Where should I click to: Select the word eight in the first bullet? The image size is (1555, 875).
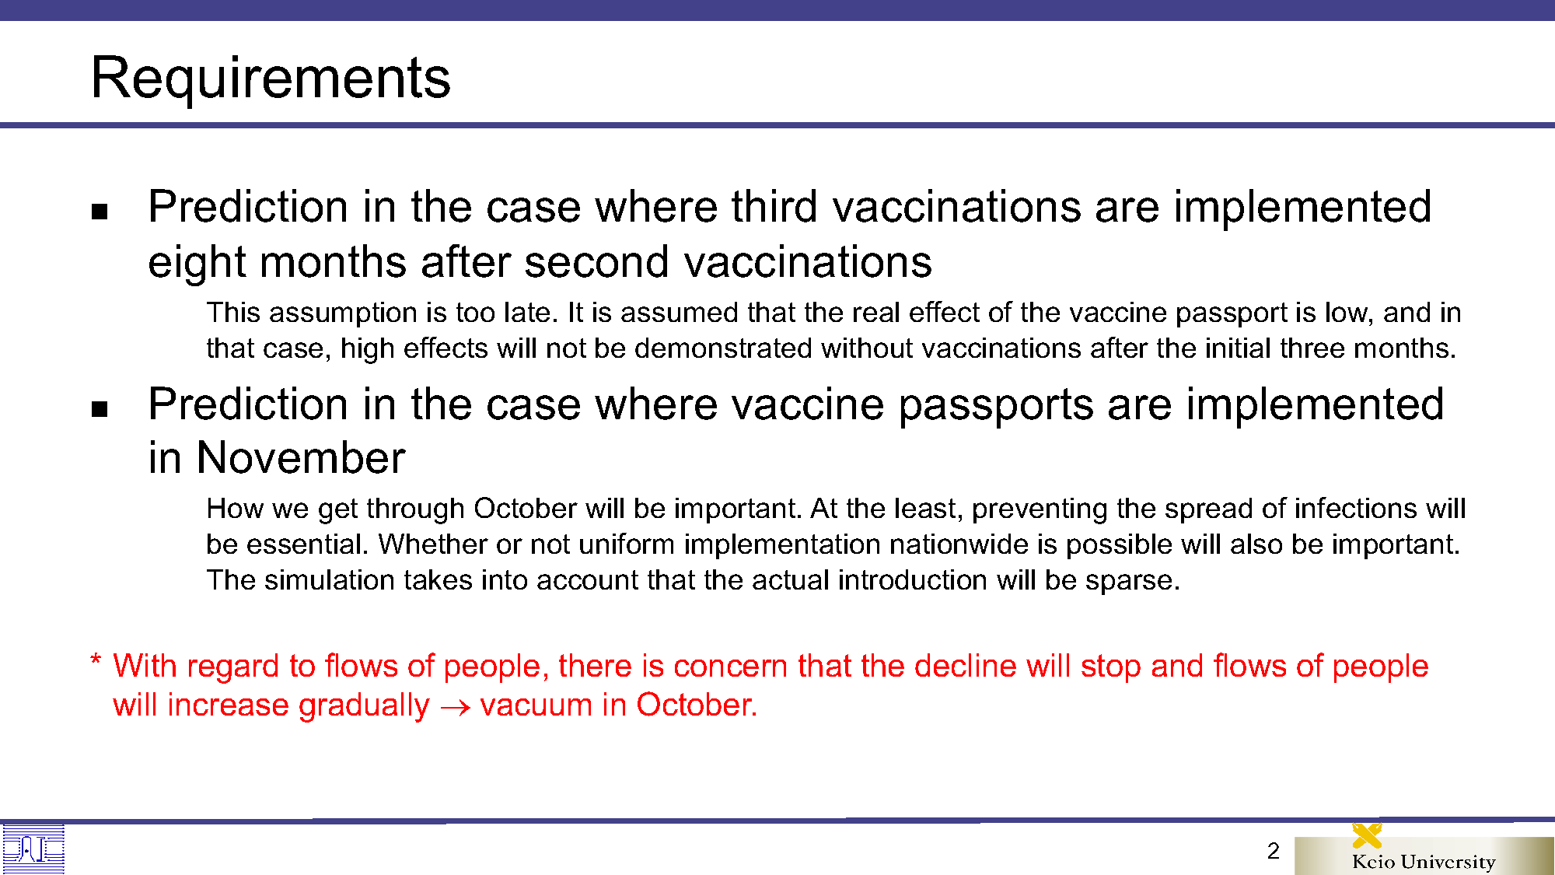tap(197, 263)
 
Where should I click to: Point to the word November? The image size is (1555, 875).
tap(301, 457)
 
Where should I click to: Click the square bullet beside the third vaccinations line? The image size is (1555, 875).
tap(100, 212)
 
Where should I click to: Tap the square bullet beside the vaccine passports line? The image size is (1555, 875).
tap(100, 409)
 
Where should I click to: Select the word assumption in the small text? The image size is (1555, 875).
tap(358, 313)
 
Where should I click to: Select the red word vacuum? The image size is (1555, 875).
tap(536, 705)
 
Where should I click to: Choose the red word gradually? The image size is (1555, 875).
tap(364, 706)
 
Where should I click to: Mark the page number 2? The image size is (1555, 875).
tap(1273, 851)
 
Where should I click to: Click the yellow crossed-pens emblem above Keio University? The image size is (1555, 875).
tap(1367, 835)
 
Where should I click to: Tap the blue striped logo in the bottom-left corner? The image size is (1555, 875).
tap(33, 849)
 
